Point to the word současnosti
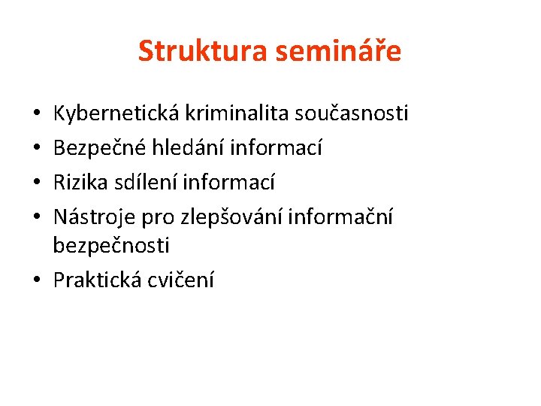click(x=352, y=114)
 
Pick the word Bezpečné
click(x=100, y=148)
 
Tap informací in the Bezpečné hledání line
click(x=277, y=148)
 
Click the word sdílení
click(x=147, y=183)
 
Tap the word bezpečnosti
click(x=111, y=246)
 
